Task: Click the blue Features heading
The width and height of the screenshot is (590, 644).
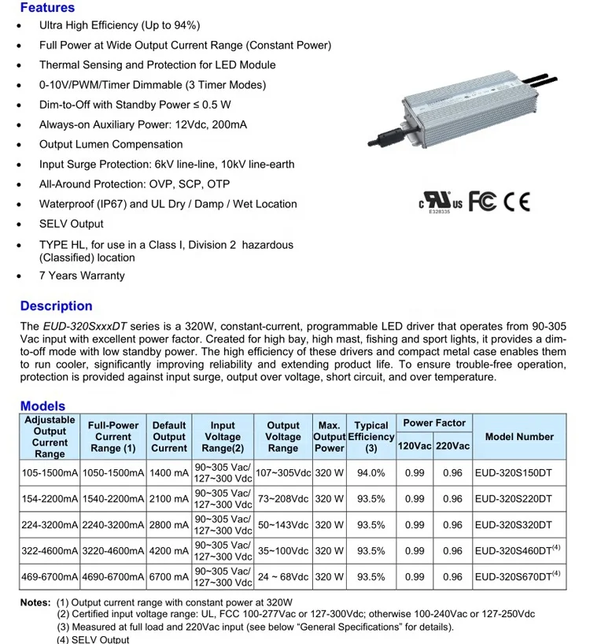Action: pos(47,8)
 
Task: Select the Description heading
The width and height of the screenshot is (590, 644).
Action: pos(56,306)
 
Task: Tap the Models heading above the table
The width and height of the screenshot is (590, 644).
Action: pos(42,406)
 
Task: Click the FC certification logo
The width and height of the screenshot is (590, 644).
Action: pos(482,202)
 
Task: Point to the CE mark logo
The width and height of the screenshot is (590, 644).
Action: pos(517,202)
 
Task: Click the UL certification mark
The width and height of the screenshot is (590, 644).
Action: pos(441,202)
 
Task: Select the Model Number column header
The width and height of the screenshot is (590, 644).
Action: pos(519,437)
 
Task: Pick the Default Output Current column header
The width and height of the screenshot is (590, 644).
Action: pos(169,437)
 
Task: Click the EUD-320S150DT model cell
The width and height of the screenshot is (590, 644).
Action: pos(514,473)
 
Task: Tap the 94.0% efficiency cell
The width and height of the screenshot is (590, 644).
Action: pos(371,473)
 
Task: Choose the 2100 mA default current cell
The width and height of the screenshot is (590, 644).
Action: pos(169,499)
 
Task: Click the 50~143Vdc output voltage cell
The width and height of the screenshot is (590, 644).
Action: pos(284,525)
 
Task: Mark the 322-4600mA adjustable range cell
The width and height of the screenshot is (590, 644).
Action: pos(50,551)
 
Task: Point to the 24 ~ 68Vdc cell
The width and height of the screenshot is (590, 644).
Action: pos(284,577)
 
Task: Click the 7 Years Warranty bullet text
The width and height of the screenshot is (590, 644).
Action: pos(82,276)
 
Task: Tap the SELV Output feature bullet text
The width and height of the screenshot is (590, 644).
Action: pos(72,224)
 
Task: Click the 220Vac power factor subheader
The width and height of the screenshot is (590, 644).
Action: pos(452,446)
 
